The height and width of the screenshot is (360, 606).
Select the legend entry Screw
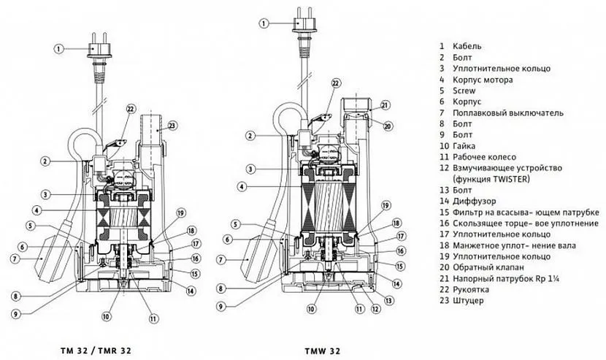pos(465,91)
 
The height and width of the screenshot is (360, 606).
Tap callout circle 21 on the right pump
pos(386,104)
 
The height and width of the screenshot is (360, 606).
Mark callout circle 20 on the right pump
pos(387,125)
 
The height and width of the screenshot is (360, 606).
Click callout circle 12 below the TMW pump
pos(374,310)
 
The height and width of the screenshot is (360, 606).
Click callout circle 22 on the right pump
pos(335,83)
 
